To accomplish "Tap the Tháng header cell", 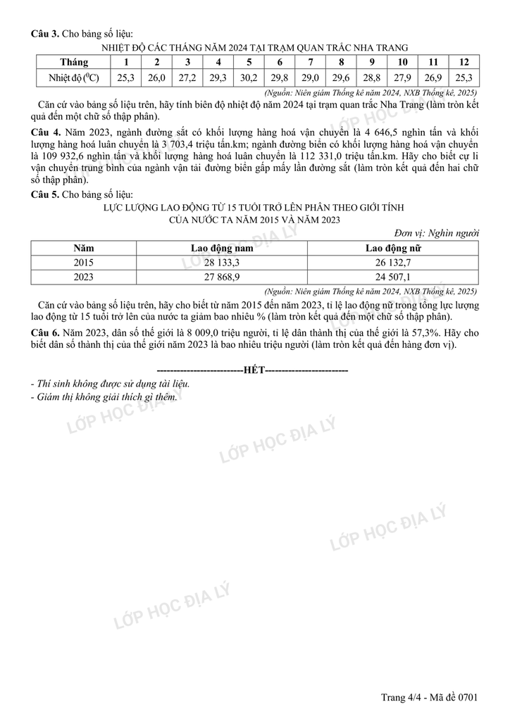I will tap(74, 62).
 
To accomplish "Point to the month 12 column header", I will tap(464, 62).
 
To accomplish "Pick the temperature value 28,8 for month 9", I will tap(372, 78).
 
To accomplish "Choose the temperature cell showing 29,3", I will tap(218, 78).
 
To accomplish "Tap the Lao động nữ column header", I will tap(394, 248).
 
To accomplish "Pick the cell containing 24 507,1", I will tap(394, 277).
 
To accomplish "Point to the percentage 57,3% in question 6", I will tap(442, 332).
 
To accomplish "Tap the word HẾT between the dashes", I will tap(253, 370).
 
